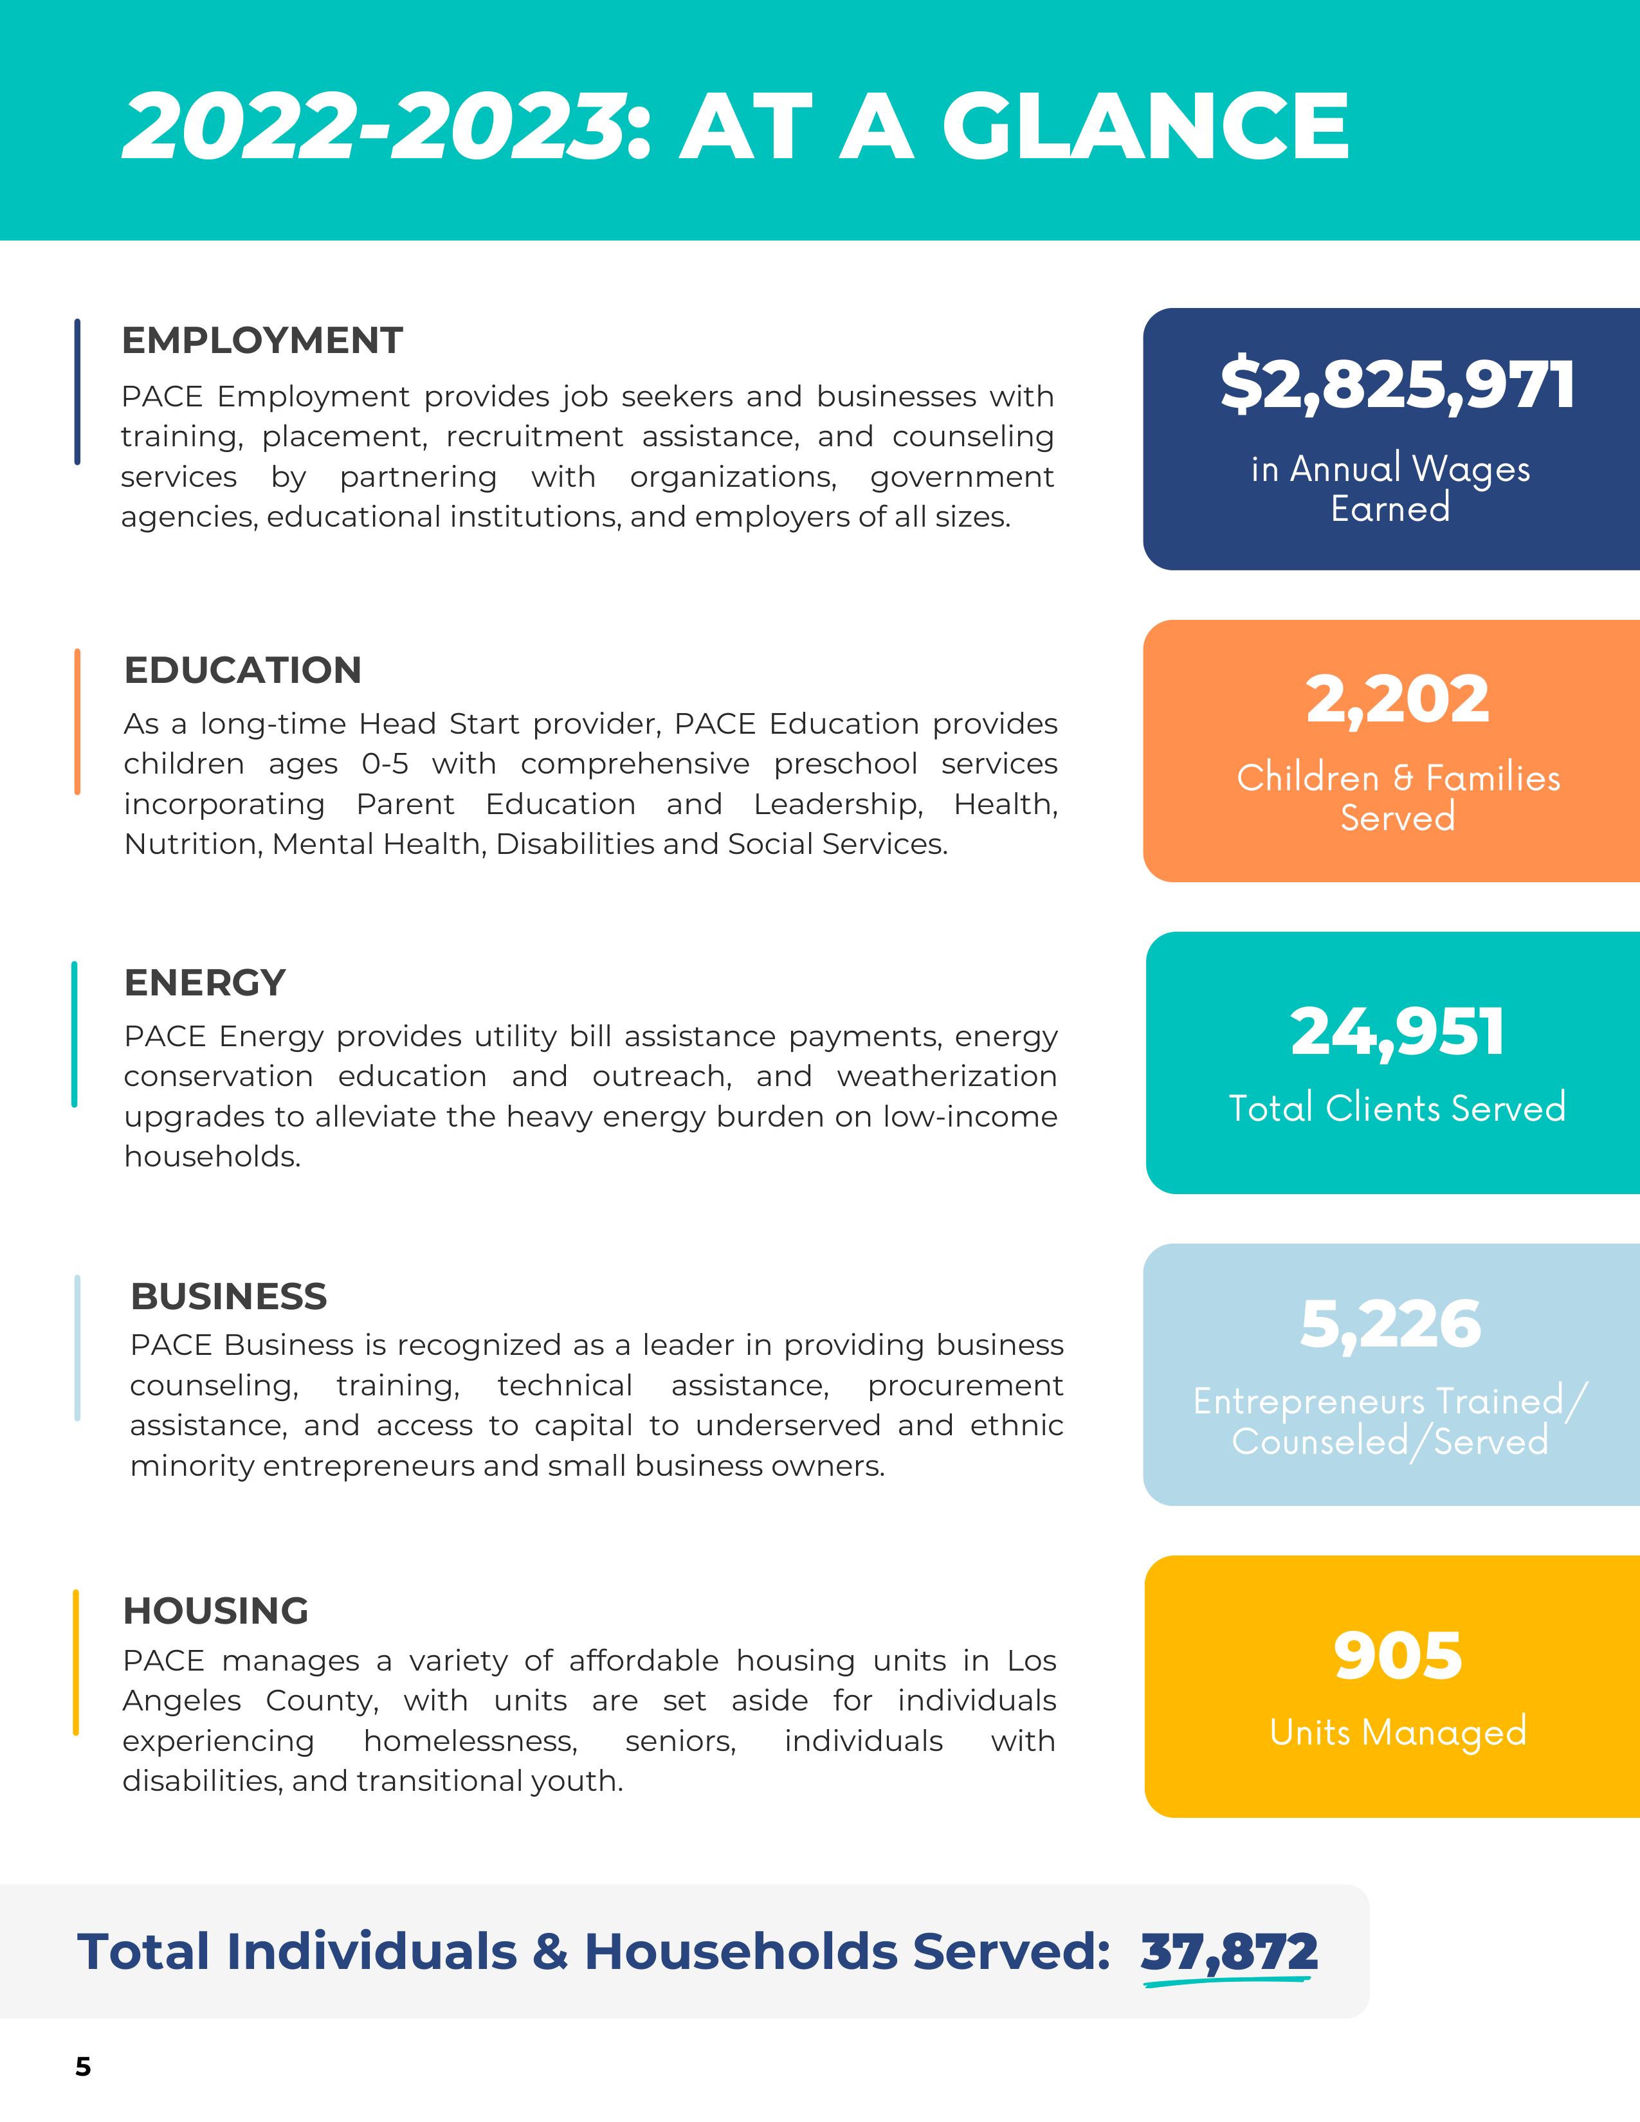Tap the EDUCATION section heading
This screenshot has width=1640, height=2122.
(x=243, y=671)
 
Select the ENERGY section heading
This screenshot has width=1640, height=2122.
(x=205, y=983)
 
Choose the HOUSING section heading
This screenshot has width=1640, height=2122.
(x=215, y=1611)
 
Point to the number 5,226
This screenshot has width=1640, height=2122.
(x=1390, y=1324)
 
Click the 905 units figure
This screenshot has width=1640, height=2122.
(x=1397, y=1656)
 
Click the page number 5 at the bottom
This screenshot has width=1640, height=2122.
(x=84, y=2067)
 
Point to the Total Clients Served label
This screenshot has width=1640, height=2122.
(x=1397, y=1108)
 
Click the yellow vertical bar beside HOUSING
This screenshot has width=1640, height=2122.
(x=76, y=1662)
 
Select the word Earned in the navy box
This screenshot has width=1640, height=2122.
(x=1390, y=508)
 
